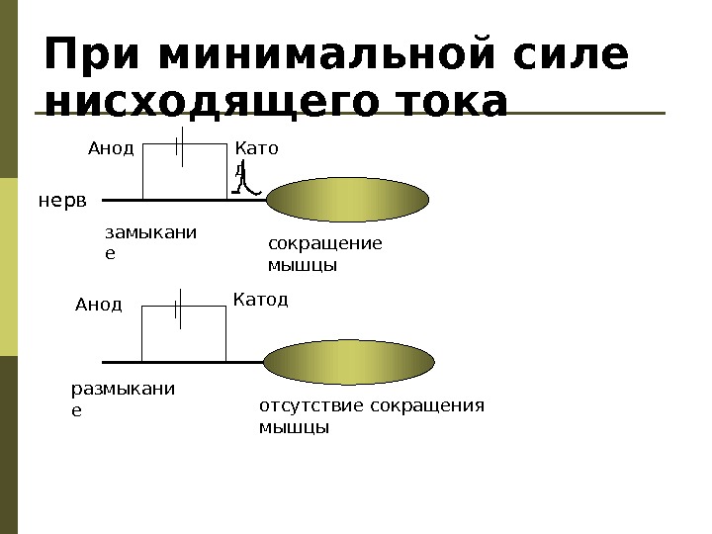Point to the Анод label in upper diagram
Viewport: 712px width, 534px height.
[x=110, y=149]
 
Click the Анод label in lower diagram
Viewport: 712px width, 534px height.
[x=98, y=305]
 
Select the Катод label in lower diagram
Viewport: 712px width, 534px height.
[x=260, y=299]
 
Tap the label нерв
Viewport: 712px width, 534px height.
[x=62, y=201]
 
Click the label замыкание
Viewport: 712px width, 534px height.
[x=149, y=243]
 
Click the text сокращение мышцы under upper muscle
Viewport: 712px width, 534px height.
[x=324, y=254]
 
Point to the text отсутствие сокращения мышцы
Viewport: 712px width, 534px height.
[x=371, y=416]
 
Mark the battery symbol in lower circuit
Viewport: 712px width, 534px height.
[x=178, y=309]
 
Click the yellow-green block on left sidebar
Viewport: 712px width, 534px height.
[x=9, y=267]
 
